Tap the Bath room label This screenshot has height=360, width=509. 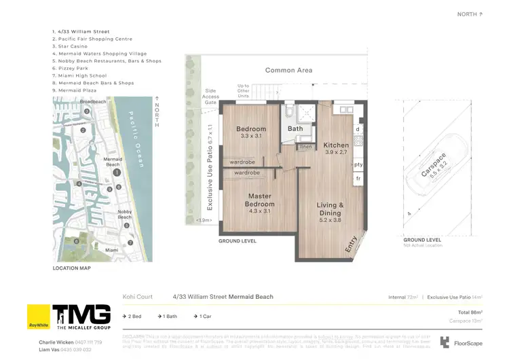295,128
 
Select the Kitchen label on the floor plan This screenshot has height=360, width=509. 336,145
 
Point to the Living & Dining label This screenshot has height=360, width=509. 331,209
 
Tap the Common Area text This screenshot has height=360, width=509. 288,70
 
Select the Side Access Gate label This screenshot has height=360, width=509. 211,96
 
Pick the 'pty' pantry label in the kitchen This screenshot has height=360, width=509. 358,164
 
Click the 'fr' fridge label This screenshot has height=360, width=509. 358,178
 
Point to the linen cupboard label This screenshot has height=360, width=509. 307,146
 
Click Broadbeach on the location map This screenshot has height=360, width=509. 94,102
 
